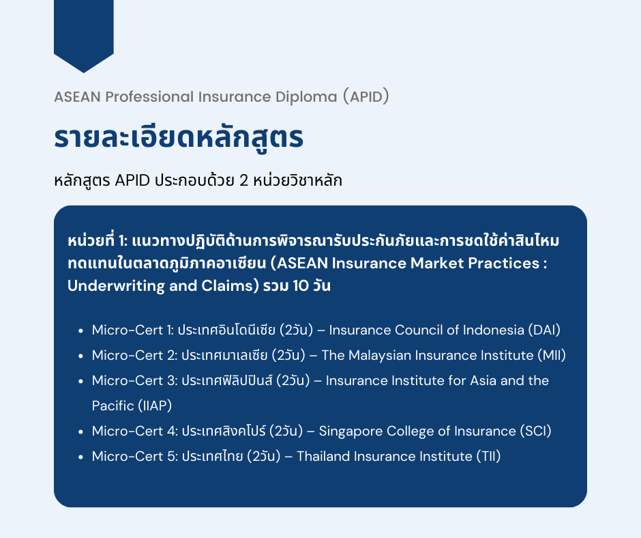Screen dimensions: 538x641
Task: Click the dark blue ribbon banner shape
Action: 83,31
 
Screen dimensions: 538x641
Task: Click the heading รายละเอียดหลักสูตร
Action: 178,138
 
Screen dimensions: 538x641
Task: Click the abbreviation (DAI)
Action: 543,330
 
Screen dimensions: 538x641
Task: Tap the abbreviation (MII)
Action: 552,356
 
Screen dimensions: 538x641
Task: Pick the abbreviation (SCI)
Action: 535,431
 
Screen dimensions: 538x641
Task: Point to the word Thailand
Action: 325,456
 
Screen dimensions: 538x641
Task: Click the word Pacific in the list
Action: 113,406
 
